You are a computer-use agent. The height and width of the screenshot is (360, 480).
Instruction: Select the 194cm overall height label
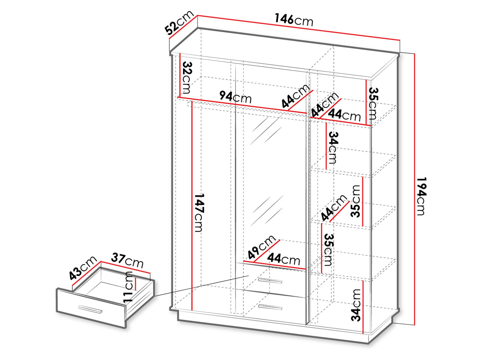coord(421,196)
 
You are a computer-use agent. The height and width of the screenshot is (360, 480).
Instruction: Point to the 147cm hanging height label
coord(199,213)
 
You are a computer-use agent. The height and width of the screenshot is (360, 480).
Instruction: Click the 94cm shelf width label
coord(235,97)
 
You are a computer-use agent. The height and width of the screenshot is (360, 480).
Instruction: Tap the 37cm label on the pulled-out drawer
coord(127,260)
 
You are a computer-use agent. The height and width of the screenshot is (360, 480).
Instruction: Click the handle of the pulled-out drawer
coord(90,309)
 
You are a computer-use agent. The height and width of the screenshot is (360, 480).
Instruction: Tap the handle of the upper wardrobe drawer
coord(270,281)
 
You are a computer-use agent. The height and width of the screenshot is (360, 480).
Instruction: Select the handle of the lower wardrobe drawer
coord(270,307)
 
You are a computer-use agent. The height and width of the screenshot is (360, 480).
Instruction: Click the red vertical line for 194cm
coord(414,189)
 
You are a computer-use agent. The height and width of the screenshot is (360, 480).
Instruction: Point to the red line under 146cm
coord(298,28)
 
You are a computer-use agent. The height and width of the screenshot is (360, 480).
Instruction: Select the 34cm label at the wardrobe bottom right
coord(355,305)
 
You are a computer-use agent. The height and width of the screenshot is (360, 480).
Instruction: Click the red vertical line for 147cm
coord(192,205)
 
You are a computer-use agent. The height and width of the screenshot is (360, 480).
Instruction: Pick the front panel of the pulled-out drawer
coord(91,308)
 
